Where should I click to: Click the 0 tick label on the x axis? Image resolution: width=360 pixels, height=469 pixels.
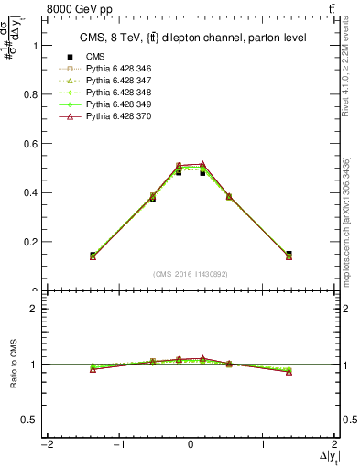pos(191,446)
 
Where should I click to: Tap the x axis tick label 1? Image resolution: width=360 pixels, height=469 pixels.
pos(263,446)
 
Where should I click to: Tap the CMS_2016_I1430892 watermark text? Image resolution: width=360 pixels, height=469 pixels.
pos(191,274)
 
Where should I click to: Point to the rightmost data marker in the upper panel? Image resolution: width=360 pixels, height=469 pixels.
pos(289,256)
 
